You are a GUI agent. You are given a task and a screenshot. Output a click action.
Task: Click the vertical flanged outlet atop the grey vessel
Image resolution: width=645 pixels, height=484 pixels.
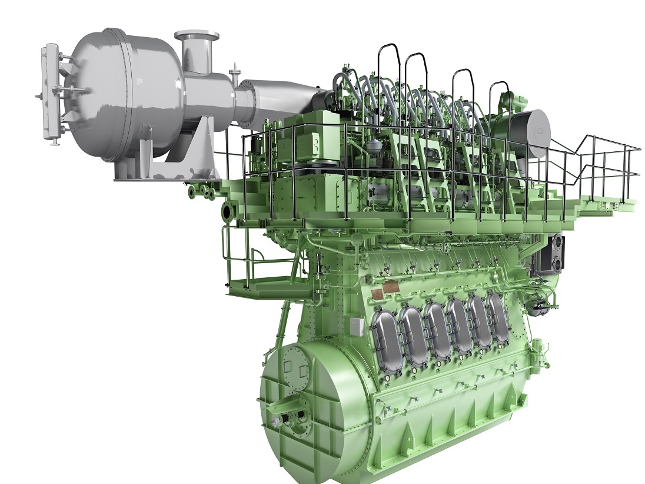[197, 53]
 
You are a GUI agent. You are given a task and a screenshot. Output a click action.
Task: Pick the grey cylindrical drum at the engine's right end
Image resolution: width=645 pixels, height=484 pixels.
[528, 133]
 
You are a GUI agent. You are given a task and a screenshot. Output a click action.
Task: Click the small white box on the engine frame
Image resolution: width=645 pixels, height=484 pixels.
[357, 326]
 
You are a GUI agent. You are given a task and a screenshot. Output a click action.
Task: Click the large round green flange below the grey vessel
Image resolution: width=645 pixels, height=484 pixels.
[228, 211]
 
